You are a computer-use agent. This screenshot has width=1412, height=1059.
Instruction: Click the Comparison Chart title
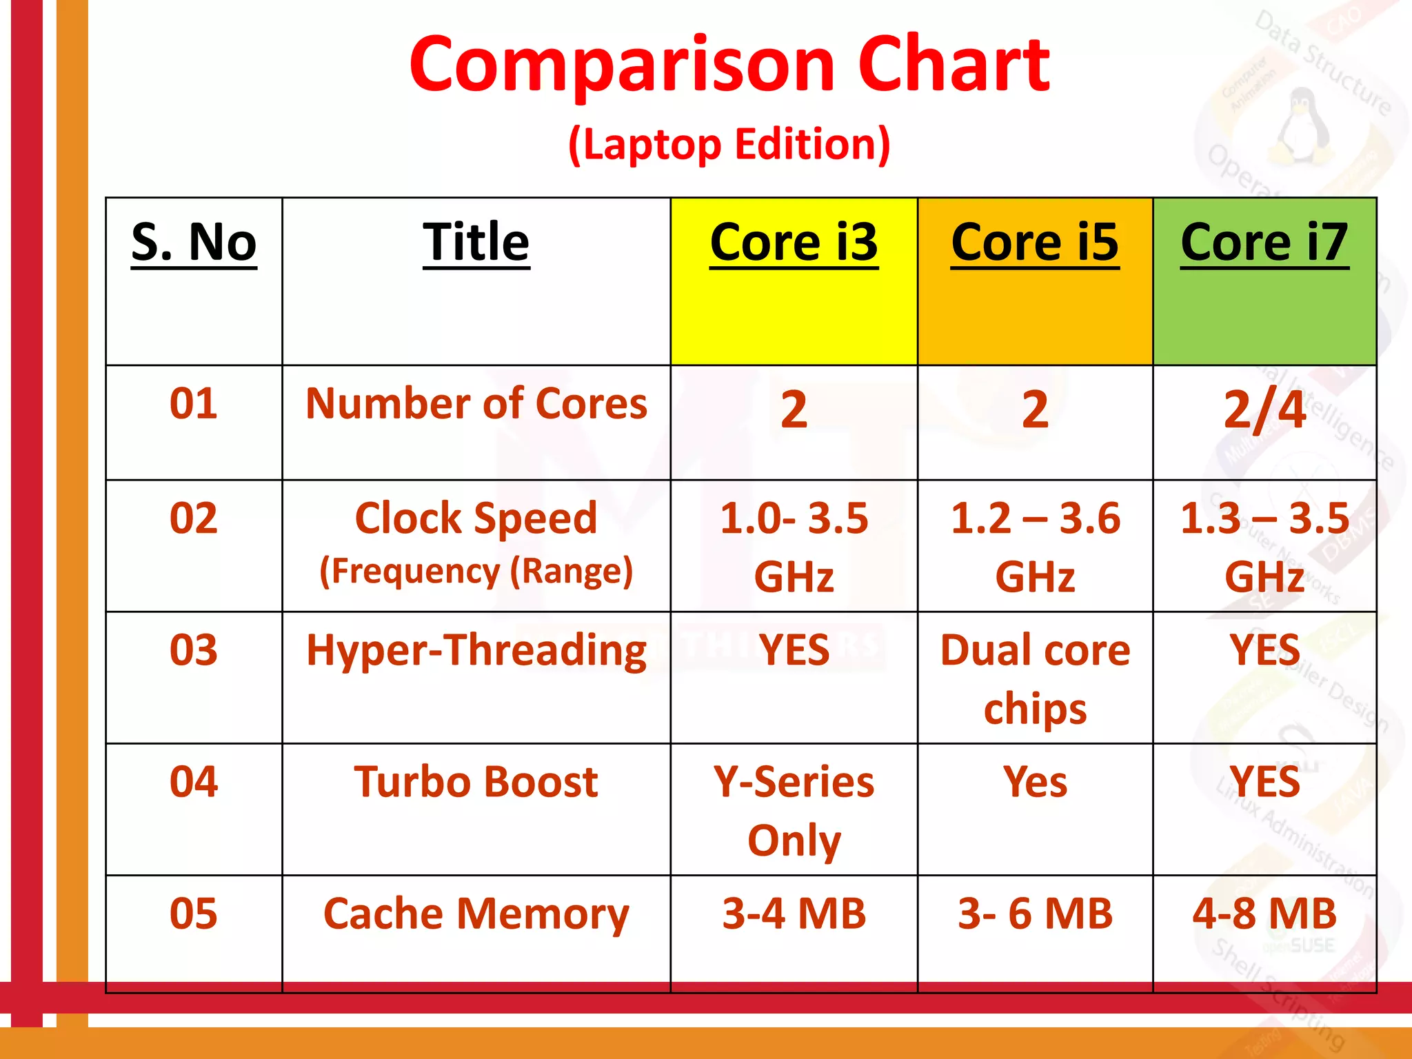[x=729, y=65]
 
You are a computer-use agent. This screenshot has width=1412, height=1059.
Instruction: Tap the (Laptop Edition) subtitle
[x=729, y=144]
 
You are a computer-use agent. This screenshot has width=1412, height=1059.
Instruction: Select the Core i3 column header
[x=794, y=243]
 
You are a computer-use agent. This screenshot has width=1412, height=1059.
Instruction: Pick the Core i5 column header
[x=1034, y=243]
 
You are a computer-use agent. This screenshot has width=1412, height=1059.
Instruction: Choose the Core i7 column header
[x=1264, y=243]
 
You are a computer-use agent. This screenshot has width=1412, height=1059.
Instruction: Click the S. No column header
[x=194, y=243]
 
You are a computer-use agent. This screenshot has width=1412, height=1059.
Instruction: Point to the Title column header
[x=476, y=243]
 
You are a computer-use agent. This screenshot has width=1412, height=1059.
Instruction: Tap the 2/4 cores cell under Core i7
[x=1264, y=410]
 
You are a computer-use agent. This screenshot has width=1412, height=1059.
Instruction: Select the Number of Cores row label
[x=476, y=403]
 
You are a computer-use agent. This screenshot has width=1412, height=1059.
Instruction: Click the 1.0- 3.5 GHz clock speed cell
[x=794, y=546]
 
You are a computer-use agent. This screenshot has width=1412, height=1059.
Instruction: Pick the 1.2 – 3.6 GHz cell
[x=1034, y=546]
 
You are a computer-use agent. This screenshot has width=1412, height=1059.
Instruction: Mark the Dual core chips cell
[x=1034, y=678]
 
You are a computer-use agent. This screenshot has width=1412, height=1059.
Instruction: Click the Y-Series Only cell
[x=794, y=810]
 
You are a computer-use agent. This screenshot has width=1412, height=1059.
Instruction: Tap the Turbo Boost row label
[x=476, y=782]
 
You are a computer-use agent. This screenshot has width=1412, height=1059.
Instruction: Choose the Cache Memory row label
[x=476, y=914]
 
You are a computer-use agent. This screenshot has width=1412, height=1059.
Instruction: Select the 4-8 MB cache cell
[x=1264, y=914]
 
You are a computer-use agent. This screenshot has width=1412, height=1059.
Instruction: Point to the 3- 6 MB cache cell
[x=1034, y=914]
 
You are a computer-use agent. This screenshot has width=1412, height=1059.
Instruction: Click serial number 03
[x=194, y=650]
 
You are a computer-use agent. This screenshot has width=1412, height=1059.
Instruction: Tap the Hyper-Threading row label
[x=476, y=650]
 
